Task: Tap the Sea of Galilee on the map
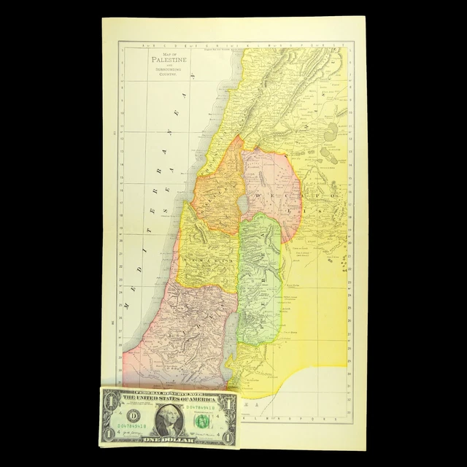[242, 199]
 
